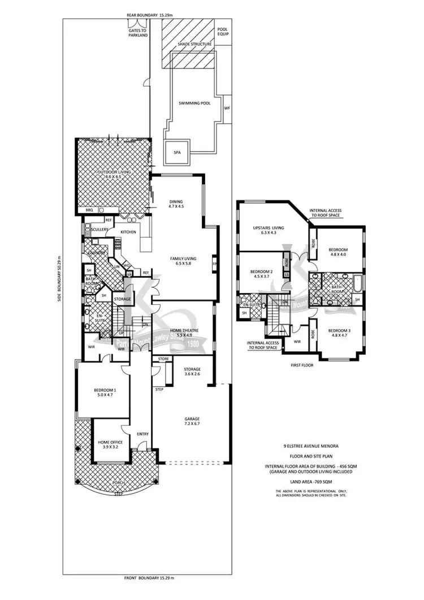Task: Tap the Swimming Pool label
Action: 191,103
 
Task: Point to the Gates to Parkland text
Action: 137,33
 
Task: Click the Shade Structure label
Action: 194,44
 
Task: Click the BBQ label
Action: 89,210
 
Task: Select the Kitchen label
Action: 128,232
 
